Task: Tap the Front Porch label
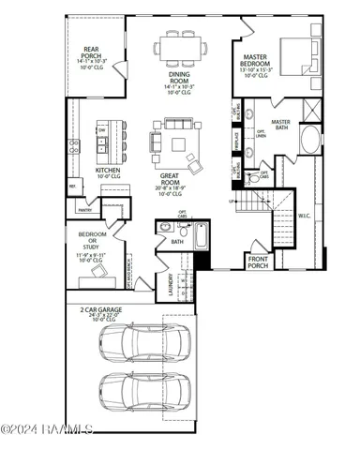coord(258,262)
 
